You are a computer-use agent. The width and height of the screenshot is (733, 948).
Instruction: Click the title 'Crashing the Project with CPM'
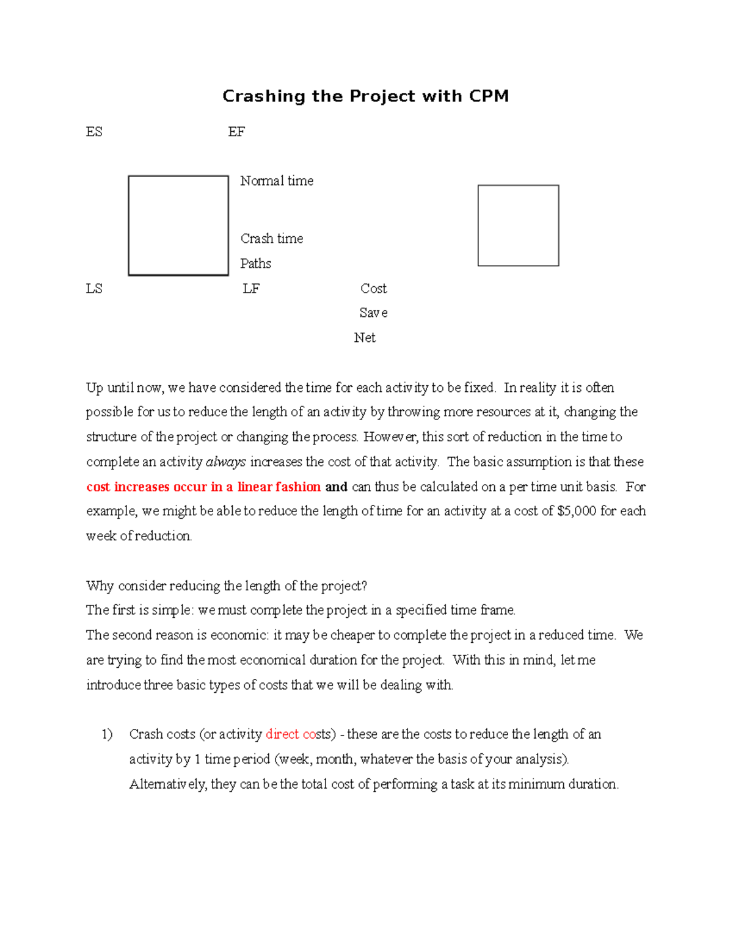[x=365, y=96]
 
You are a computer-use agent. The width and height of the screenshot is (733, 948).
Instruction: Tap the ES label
[x=94, y=132]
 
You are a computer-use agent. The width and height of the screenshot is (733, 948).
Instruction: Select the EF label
[x=236, y=132]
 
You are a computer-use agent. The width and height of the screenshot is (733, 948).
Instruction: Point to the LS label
[x=94, y=289]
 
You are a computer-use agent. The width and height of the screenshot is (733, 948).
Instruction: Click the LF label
[x=251, y=289]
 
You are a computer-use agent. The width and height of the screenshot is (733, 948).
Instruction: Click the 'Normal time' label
[x=277, y=181]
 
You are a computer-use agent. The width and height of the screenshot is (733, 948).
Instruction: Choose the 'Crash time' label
[x=272, y=239]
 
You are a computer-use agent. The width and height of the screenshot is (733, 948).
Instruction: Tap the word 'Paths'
[x=255, y=264]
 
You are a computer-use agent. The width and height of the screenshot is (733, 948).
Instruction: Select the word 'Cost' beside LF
[x=373, y=289]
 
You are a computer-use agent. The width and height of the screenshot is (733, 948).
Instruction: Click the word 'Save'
[x=373, y=313]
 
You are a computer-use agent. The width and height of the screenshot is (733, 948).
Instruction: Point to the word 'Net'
[x=365, y=338]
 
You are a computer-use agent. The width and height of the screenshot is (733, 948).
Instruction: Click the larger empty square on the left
[x=178, y=226]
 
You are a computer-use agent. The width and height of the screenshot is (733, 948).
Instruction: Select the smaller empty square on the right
[x=518, y=226]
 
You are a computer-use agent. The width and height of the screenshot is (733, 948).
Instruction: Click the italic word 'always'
[x=226, y=462]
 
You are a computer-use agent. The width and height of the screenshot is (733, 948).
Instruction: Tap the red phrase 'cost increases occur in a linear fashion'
[x=203, y=487]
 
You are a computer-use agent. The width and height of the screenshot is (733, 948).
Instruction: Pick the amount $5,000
[x=577, y=512]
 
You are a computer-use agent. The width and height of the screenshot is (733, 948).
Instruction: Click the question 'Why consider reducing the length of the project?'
[x=227, y=586]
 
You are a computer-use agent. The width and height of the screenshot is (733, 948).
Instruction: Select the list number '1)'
[x=108, y=734]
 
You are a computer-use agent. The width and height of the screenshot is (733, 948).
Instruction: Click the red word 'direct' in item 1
[x=282, y=734]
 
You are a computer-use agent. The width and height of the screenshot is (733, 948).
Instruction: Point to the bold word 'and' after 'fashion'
[x=336, y=487]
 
